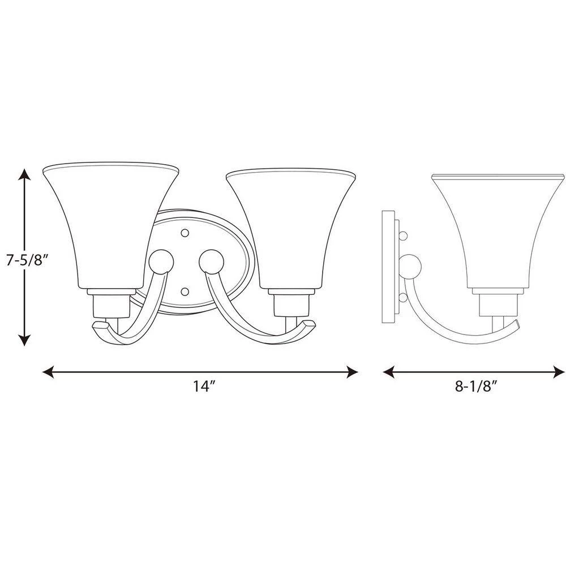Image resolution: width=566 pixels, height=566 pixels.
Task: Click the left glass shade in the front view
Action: pos(111,226)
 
